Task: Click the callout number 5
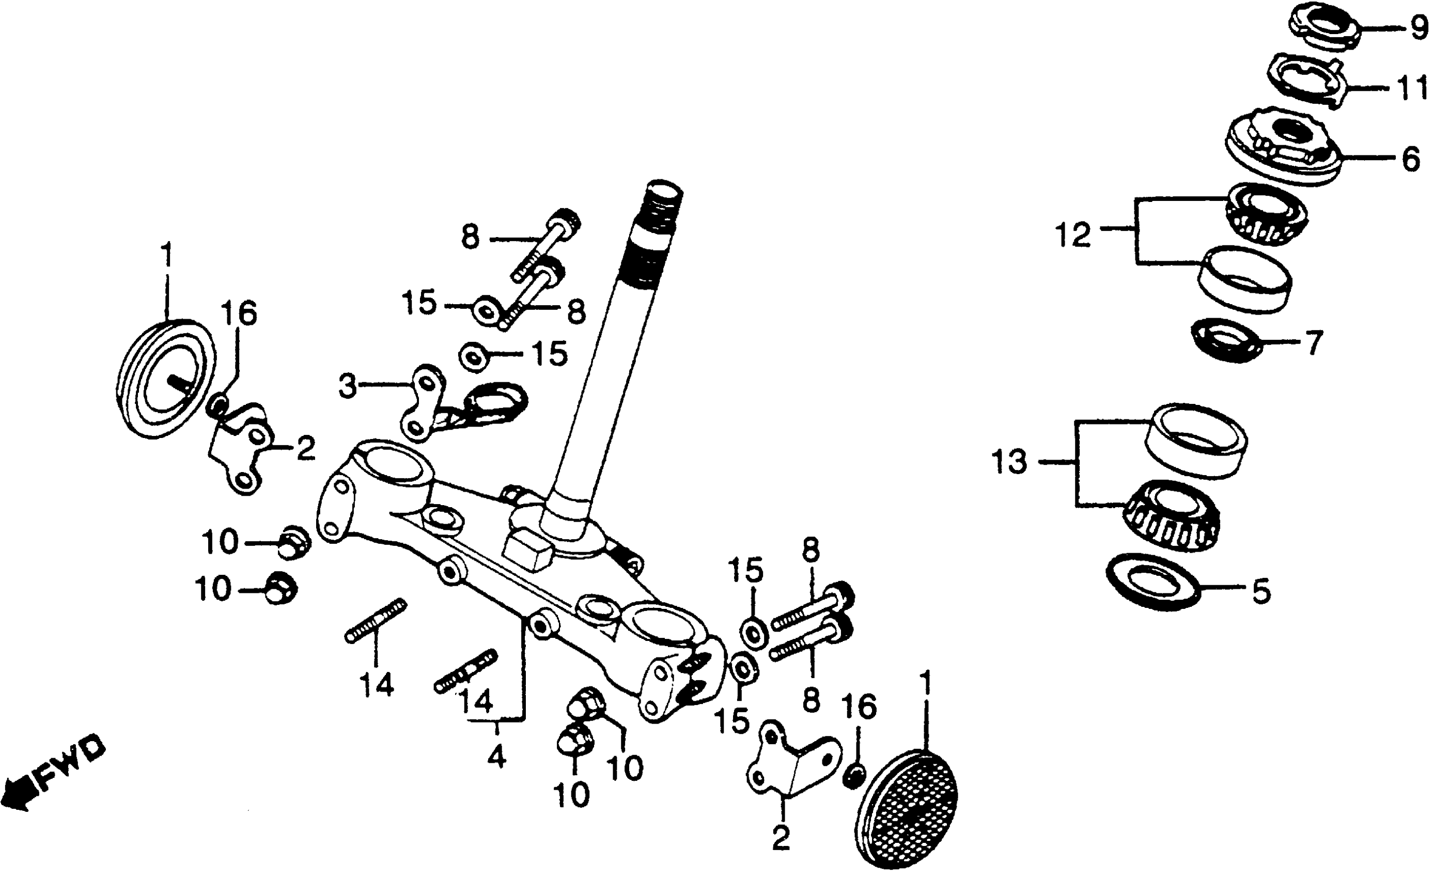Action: click(x=1261, y=592)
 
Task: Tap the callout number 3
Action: click(x=348, y=386)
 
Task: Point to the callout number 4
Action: click(x=496, y=757)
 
